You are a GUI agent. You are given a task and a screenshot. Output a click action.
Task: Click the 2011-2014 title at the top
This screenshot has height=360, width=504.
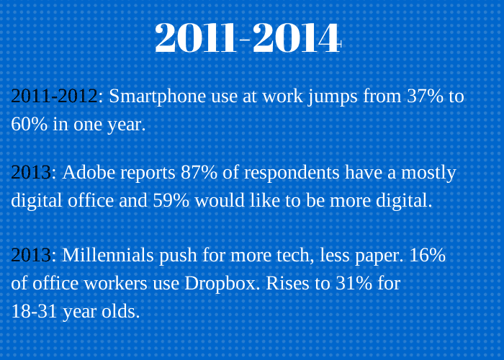248,38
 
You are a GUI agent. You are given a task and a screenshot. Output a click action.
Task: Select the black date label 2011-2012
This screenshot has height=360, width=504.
54,96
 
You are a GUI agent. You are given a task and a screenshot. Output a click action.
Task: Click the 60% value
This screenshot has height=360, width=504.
30,124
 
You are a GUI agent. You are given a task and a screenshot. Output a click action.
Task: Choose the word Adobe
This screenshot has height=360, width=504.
91,172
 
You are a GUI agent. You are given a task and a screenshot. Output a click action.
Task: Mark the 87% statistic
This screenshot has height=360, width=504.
199,172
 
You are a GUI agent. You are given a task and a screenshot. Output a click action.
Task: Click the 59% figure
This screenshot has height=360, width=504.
171,201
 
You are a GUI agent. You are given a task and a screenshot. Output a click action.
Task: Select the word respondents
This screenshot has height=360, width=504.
292,174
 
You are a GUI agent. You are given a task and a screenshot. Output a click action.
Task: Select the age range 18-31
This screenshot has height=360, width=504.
35,312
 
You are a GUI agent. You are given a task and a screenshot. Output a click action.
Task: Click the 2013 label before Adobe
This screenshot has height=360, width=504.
31,172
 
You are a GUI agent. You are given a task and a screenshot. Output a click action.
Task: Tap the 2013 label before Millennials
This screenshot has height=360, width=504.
31,255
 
